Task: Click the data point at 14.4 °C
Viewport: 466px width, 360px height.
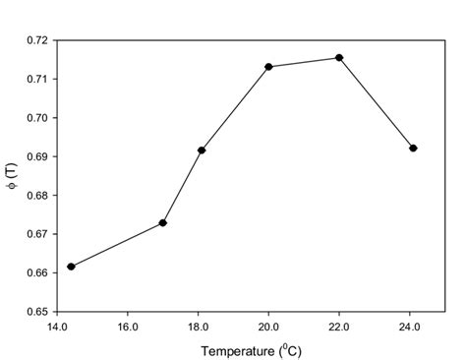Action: [x=71, y=267]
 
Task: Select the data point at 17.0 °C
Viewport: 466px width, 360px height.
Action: [x=163, y=223]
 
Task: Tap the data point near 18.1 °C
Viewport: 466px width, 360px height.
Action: [x=202, y=150]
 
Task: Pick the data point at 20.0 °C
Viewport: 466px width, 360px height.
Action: [x=268, y=67]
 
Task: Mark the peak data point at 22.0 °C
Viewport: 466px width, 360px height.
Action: [x=339, y=58]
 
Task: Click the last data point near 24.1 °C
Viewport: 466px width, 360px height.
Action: [x=413, y=149]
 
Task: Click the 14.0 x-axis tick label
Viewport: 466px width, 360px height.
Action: [x=56, y=327]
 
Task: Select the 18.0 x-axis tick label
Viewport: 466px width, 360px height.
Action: [x=198, y=327]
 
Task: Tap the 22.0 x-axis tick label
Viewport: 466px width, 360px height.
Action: [x=339, y=327]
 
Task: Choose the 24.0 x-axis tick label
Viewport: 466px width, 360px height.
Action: [x=410, y=327]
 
